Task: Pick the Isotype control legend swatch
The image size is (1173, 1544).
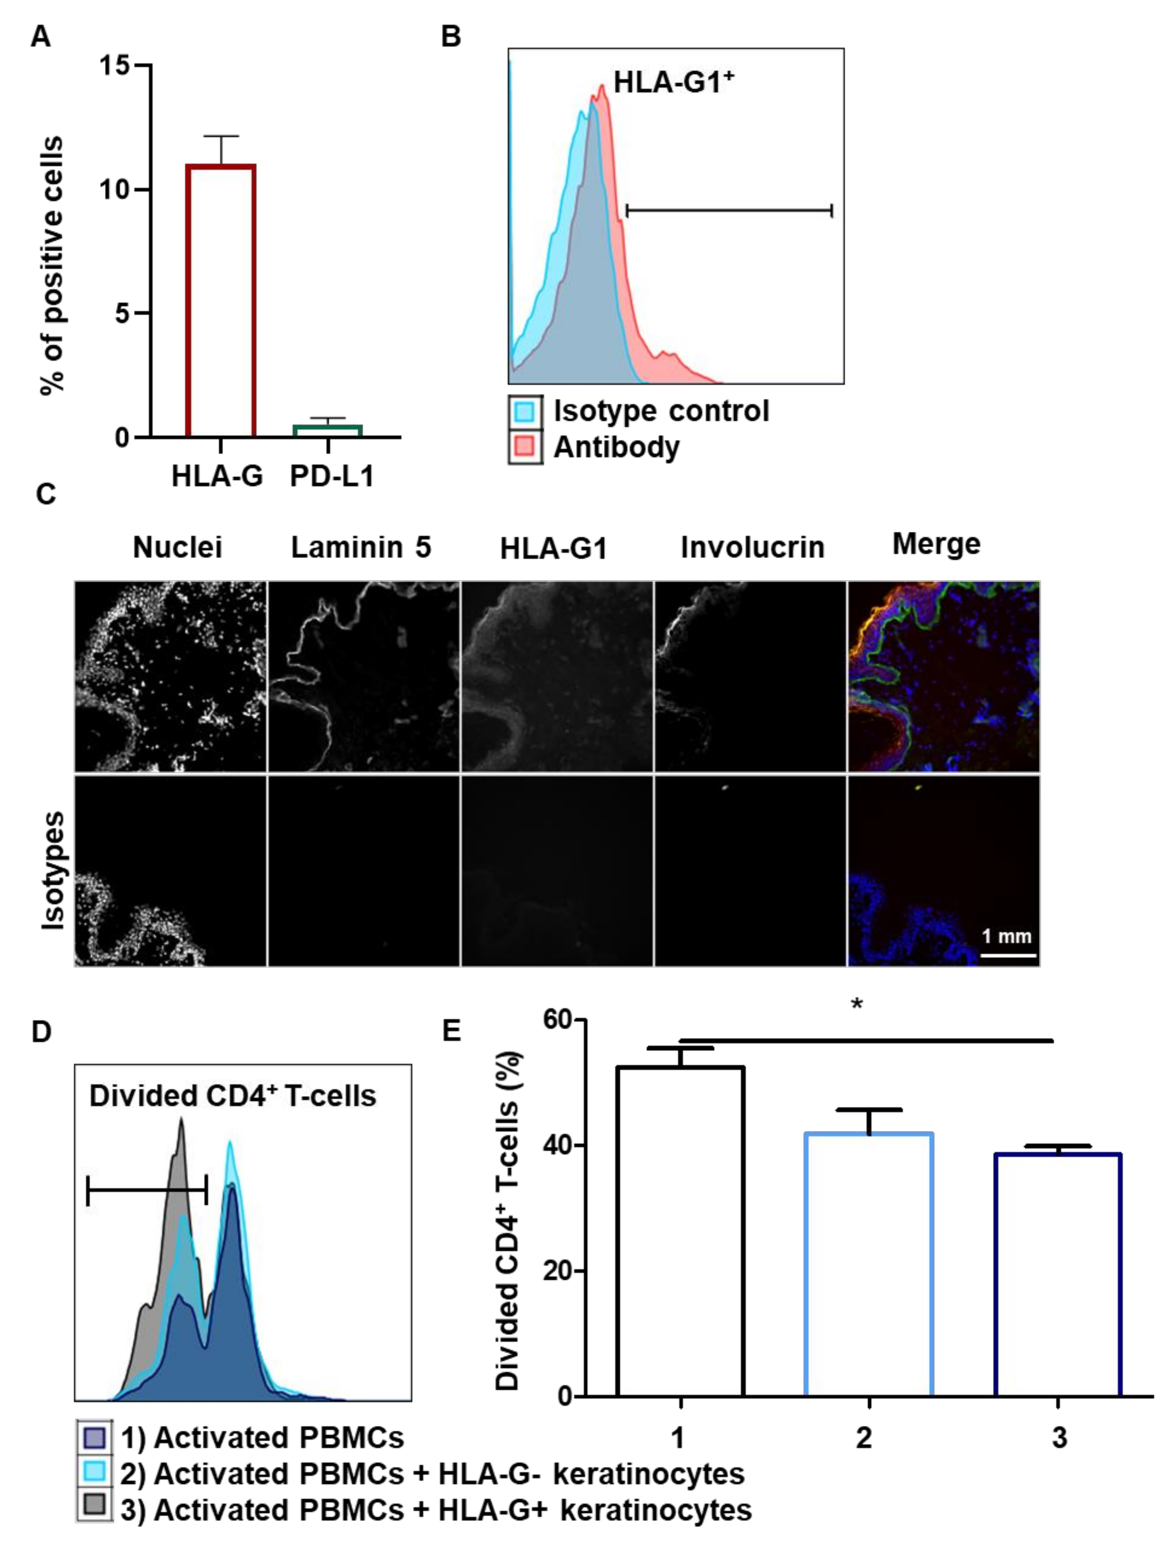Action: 525,411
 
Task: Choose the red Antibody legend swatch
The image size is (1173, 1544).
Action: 525,447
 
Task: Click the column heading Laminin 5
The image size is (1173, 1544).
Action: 361,547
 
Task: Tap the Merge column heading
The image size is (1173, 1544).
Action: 936,544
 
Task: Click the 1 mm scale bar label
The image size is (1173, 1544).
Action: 1006,936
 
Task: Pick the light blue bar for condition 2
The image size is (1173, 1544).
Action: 869,1264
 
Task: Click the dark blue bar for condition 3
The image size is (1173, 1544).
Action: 1057,1274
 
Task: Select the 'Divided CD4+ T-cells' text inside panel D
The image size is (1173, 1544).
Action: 232,1096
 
